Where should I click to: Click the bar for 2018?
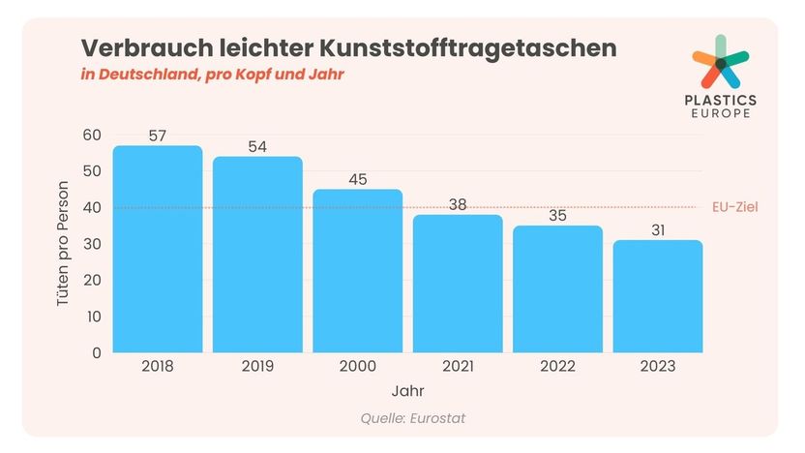tap(158, 249)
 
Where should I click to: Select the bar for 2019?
tap(257, 255)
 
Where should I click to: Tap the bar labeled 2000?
tap(357, 271)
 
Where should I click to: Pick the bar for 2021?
tap(458, 284)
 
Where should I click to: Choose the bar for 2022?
tap(557, 289)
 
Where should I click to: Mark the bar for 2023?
tap(657, 296)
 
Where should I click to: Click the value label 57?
tap(158, 136)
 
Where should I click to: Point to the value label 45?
tap(357, 179)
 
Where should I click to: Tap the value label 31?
tap(657, 230)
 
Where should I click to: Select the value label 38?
tap(458, 204)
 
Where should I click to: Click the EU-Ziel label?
tap(736, 207)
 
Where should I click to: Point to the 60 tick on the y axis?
tap(91, 135)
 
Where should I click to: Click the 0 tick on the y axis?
tap(96, 352)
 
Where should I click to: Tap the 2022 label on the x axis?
tap(557, 367)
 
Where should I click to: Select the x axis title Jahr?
tap(407, 392)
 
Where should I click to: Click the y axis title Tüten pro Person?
tap(64, 244)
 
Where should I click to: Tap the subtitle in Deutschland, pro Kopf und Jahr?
tap(212, 75)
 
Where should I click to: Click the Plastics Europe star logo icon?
tap(720, 63)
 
